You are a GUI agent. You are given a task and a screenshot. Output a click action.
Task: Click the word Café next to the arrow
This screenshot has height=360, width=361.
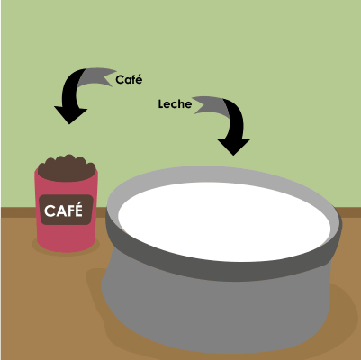[x=129, y=80]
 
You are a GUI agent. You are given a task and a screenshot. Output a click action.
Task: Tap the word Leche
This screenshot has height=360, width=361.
[x=175, y=104]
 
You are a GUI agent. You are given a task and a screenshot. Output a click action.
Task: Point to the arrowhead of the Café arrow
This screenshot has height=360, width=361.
[x=70, y=115]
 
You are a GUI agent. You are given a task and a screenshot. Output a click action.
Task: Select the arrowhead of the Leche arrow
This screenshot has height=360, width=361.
[x=233, y=147]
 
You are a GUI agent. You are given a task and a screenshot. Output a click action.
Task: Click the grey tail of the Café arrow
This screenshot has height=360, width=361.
[x=96, y=76]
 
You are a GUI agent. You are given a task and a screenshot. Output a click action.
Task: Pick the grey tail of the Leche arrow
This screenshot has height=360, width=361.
[x=211, y=105]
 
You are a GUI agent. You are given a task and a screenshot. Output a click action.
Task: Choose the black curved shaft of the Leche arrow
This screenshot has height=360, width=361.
[x=236, y=120]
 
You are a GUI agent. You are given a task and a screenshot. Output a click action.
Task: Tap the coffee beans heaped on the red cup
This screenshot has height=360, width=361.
[x=67, y=168]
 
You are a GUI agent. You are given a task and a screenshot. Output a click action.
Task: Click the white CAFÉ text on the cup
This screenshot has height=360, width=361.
[x=63, y=211]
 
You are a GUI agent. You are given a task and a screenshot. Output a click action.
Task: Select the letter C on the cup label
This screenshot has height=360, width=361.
[x=49, y=211]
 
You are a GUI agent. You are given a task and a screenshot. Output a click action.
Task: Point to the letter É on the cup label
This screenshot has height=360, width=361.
[x=78, y=210]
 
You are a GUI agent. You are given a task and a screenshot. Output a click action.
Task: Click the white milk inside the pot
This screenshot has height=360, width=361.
[x=224, y=222]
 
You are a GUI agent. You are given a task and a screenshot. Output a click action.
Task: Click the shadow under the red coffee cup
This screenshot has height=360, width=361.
[x=66, y=251]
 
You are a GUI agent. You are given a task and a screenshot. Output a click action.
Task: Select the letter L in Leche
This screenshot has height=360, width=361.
[x=161, y=104]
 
